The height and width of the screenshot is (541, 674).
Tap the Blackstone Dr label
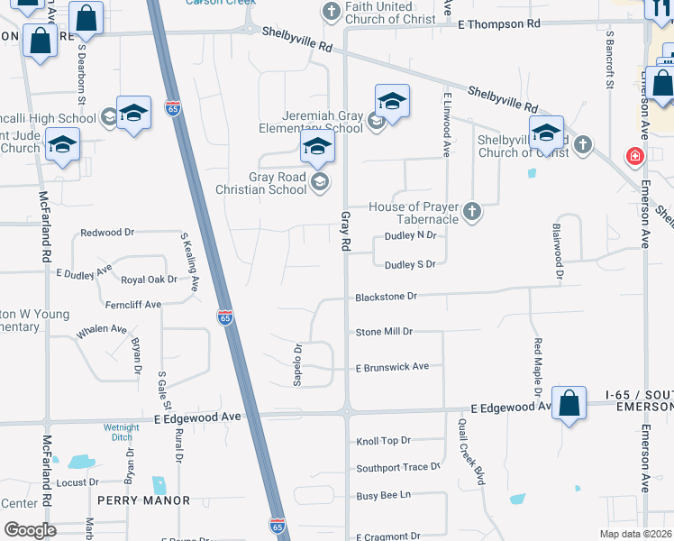coord(387,296)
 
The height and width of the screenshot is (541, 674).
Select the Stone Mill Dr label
coord(384,332)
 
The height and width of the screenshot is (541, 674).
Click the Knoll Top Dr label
coord(383,441)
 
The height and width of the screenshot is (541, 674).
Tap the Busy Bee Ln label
coord(383,495)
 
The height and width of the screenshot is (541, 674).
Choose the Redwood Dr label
coord(107,233)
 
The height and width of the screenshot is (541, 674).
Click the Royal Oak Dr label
coord(149,280)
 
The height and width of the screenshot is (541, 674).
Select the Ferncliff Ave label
coord(132,305)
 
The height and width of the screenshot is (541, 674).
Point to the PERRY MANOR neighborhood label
coord(144,500)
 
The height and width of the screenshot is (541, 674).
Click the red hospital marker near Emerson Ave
coord(635,157)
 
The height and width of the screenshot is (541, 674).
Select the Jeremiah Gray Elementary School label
coord(310,122)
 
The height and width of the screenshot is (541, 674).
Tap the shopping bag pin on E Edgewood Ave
coord(569,405)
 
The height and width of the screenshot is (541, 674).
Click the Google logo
coord(30,530)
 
